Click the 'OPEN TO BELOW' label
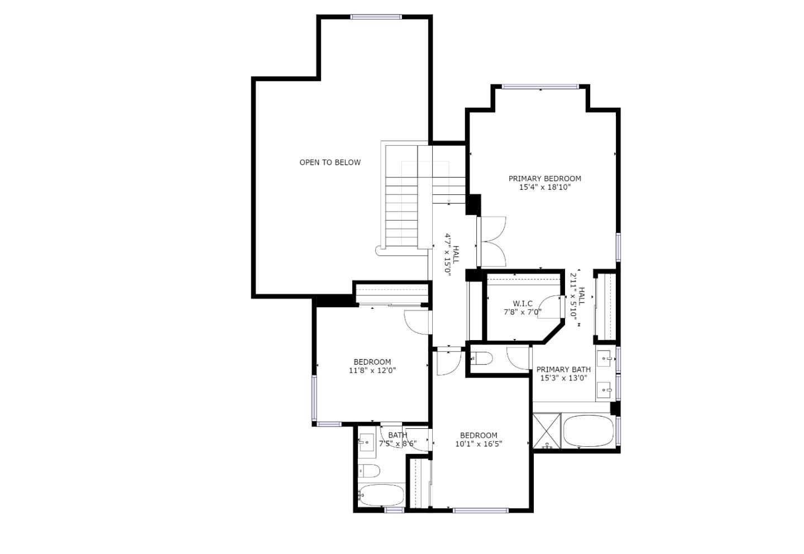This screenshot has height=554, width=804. (x=330, y=163)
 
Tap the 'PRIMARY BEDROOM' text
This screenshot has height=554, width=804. (x=544, y=179)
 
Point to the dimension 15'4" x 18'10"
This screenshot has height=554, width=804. (x=544, y=188)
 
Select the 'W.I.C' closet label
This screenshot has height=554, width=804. (x=523, y=304)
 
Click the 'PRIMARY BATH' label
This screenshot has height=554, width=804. (x=563, y=370)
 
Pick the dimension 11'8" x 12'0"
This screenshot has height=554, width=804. (x=372, y=370)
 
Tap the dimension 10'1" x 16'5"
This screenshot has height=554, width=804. (x=478, y=444)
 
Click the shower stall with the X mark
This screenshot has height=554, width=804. (x=546, y=431)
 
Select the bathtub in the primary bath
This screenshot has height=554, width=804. (x=588, y=432)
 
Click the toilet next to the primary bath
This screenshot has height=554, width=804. (x=482, y=358)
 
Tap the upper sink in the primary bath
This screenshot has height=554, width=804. (x=605, y=358)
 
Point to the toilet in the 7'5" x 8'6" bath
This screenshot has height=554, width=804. (x=368, y=471)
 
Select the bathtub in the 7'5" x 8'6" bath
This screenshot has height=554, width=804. (x=381, y=495)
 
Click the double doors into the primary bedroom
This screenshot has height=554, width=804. (x=492, y=241)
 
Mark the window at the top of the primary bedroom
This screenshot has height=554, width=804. (x=540, y=87)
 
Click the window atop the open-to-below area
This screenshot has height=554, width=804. (x=376, y=17)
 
